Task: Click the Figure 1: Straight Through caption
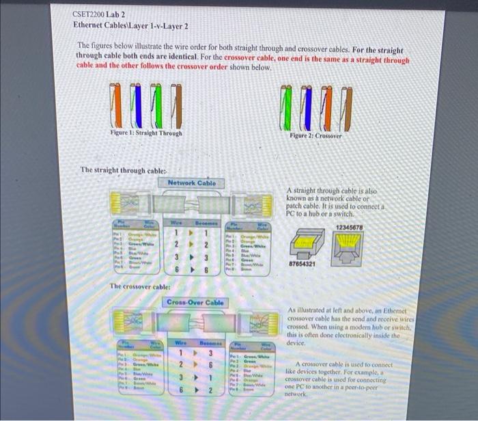click(146, 133)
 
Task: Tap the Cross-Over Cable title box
click(195, 302)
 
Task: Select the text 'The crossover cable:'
click(141, 286)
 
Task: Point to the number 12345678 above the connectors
click(350, 226)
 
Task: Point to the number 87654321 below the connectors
click(303, 263)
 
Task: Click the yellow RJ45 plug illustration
click(349, 244)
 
